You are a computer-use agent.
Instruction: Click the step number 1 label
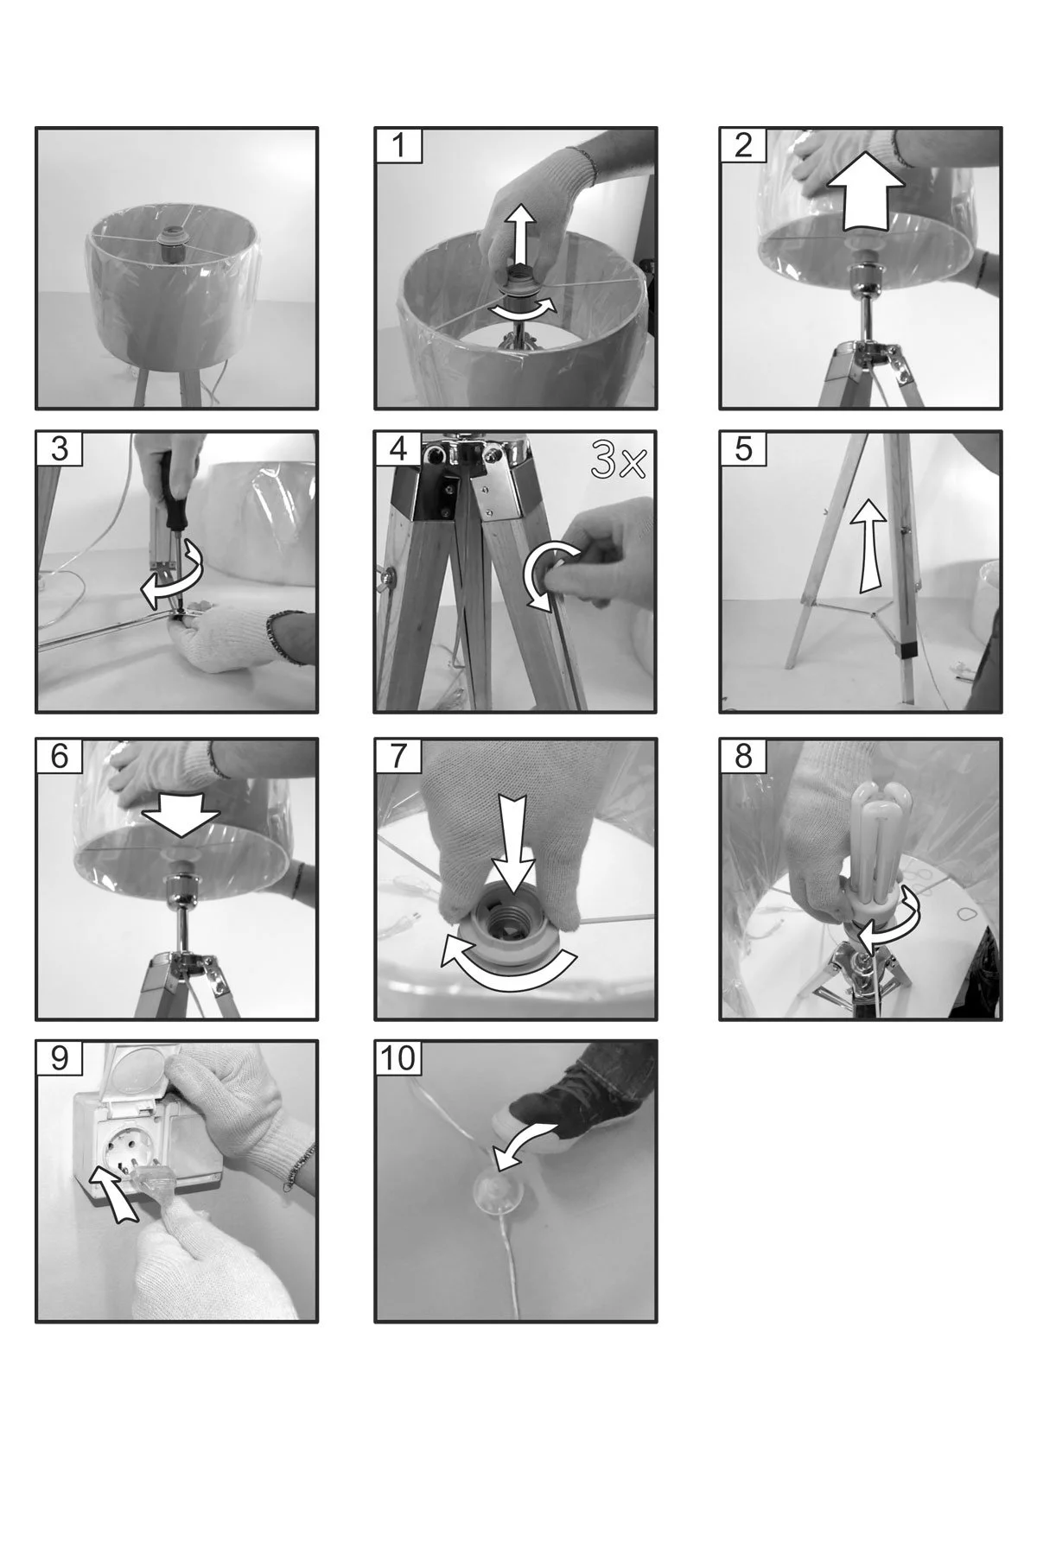coord(398,145)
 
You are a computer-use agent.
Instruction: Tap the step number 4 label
coord(398,448)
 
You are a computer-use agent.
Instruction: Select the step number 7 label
coord(398,756)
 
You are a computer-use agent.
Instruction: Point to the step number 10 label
coord(398,1058)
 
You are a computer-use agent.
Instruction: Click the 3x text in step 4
coord(617,462)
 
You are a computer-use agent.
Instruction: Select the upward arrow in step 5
coord(868,548)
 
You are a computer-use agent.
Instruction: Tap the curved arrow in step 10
coord(524,1137)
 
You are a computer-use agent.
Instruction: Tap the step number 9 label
coord(59,1058)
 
